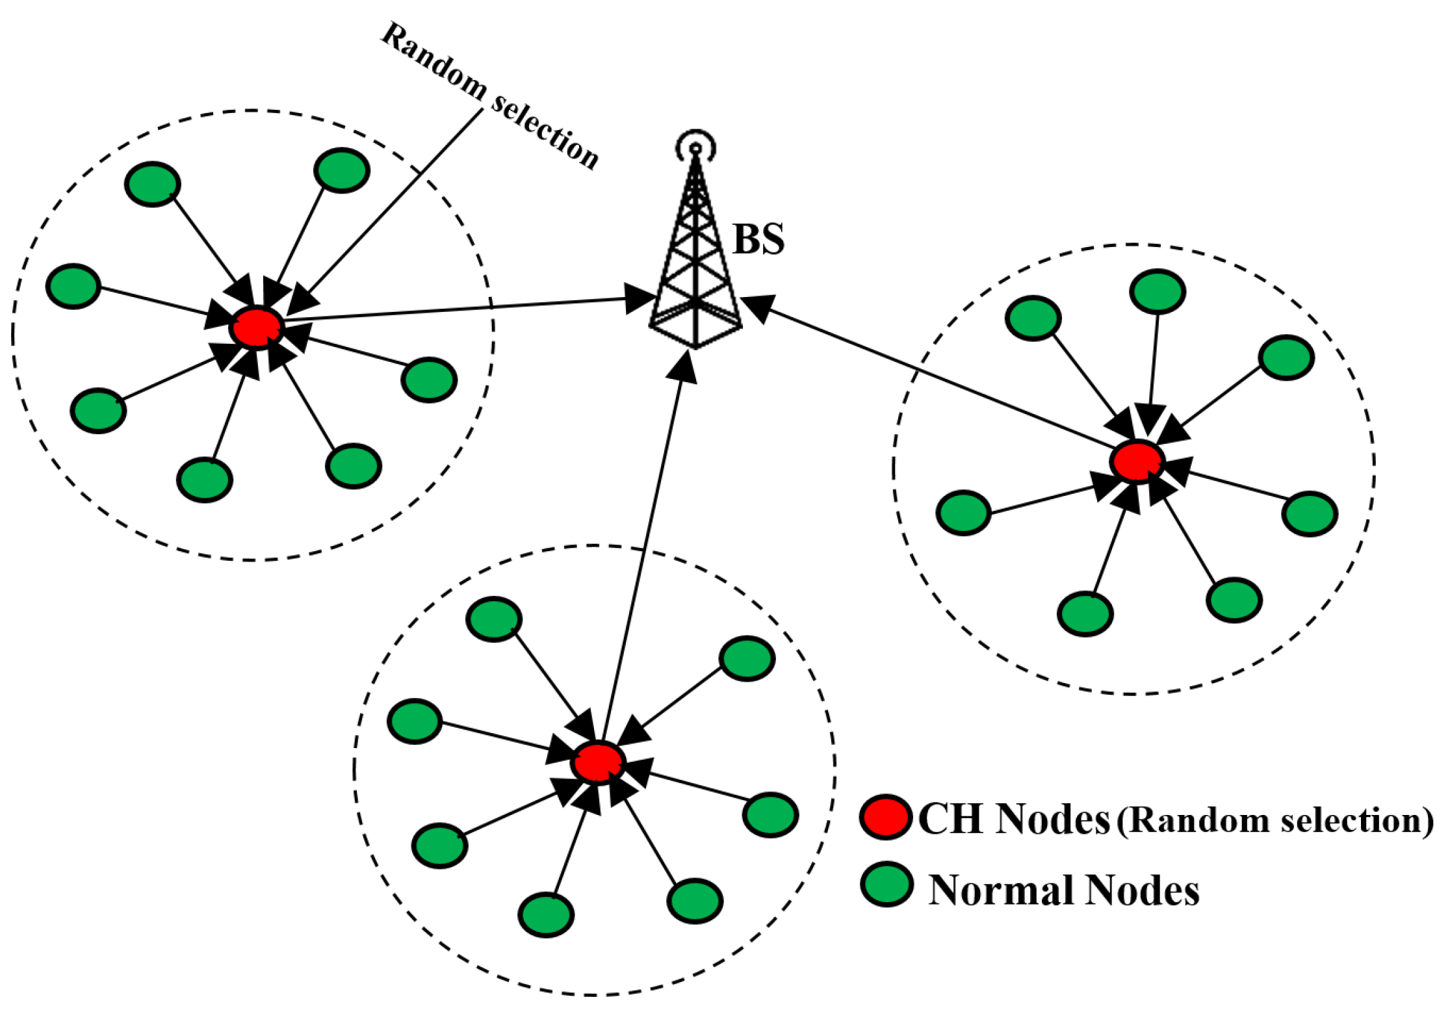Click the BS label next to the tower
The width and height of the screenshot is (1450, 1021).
pyautogui.click(x=758, y=239)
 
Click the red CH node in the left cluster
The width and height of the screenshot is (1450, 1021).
pyautogui.click(x=257, y=327)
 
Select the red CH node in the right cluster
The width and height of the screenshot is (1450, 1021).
pyautogui.click(x=1136, y=461)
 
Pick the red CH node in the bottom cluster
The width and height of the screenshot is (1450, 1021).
pyautogui.click(x=598, y=762)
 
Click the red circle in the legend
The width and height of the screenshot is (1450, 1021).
pyautogui.click(x=885, y=817)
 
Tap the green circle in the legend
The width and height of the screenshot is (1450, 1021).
pyautogui.click(x=887, y=885)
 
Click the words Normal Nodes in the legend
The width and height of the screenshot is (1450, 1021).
pyautogui.click(x=1064, y=890)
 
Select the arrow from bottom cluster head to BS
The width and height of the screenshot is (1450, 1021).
pyautogui.click(x=643, y=552)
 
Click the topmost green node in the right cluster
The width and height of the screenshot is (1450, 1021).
pyautogui.click(x=1158, y=292)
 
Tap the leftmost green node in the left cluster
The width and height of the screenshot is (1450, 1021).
pyautogui.click(x=73, y=286)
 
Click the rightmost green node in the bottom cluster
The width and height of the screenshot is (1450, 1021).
pyautogui.click(x=770, y=815)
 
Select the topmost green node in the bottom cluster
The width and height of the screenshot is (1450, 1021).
pyautogui.click(x=494, y=619)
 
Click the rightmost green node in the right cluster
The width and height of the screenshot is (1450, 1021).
pyautogui.click(x=1310, y=514)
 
